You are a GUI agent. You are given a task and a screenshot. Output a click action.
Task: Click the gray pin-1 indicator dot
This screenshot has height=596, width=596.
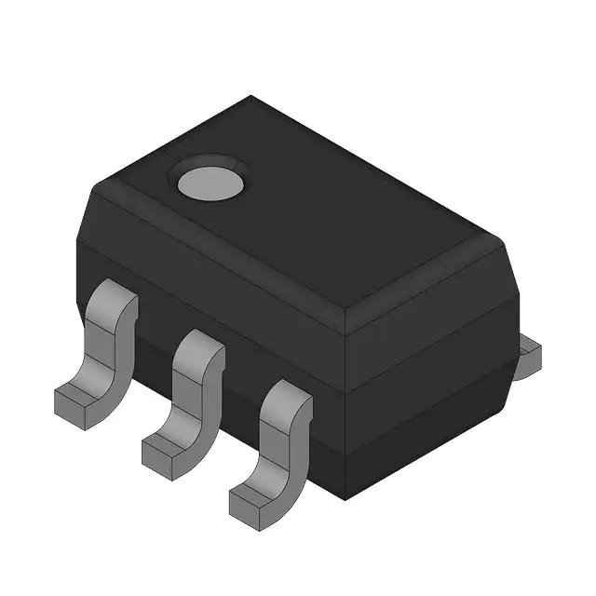210,181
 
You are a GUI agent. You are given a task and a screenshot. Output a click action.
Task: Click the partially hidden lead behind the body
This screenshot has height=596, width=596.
529,353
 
